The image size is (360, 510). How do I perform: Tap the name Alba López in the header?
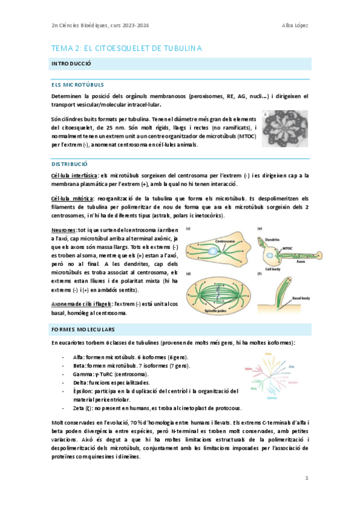[x=294, y=25]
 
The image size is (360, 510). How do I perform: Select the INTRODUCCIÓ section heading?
[x=71, y=63]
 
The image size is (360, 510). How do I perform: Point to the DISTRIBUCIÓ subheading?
[x=70, y=164]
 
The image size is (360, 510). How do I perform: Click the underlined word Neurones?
[x=64, y=229]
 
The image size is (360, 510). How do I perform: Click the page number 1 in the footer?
[x=307, y=478]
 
